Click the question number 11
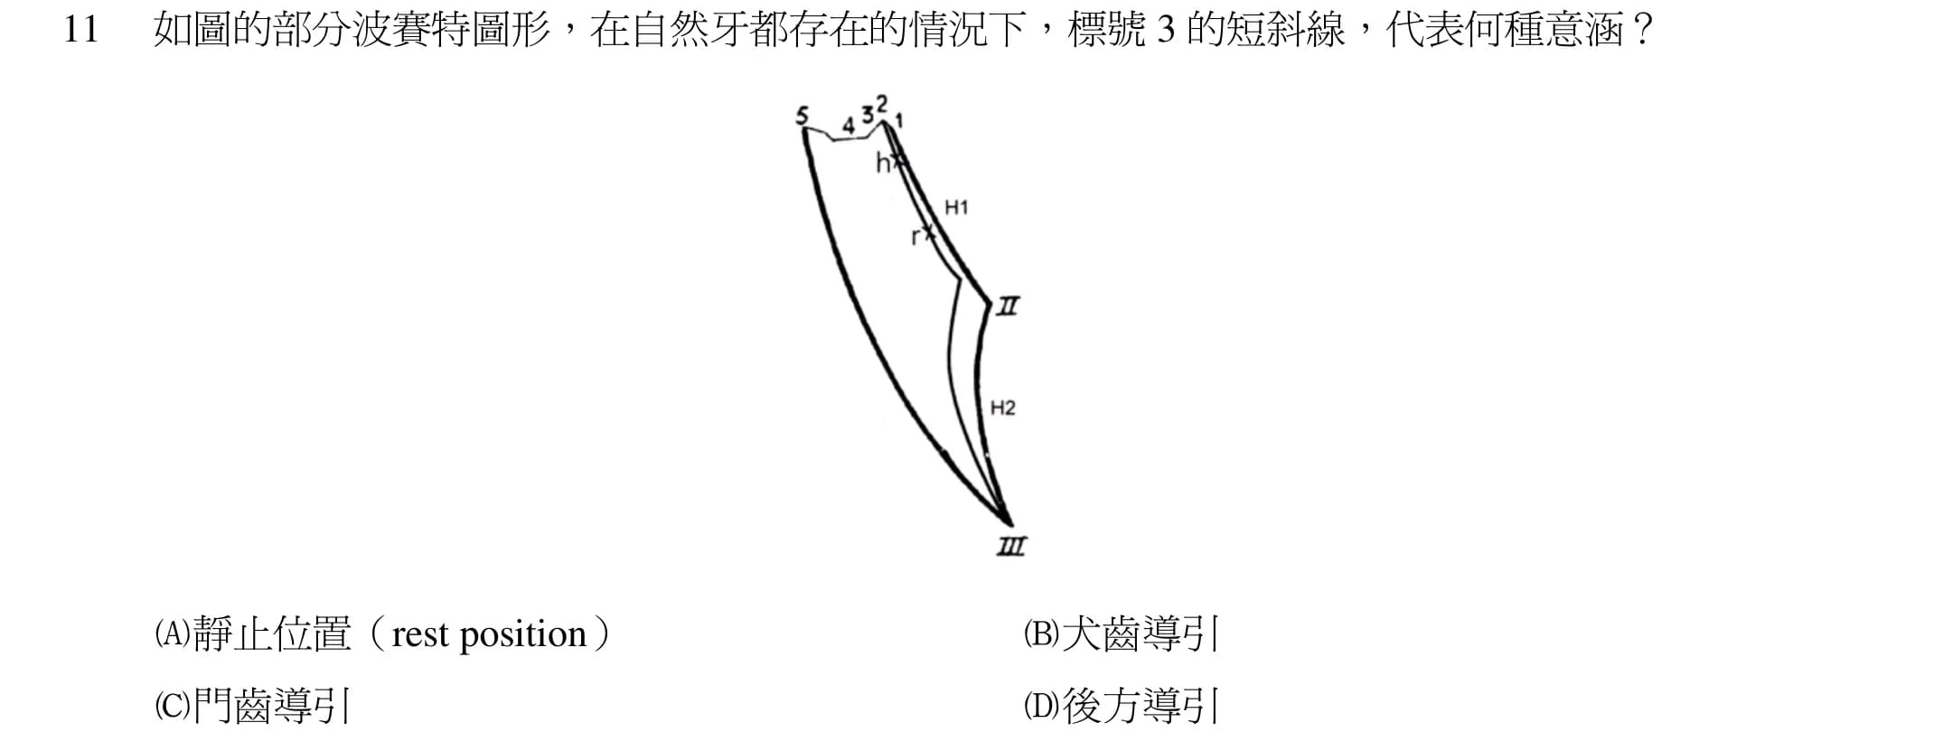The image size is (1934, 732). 80,31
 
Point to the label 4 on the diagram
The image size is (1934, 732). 848,126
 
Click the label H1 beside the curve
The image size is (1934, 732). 956,208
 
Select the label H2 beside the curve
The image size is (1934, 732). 1003,408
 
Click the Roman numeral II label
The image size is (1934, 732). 1008,307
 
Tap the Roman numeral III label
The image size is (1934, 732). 1011,546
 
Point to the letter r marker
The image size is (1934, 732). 915,238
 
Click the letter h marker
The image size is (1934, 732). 882,163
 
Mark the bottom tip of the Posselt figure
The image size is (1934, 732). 1009,523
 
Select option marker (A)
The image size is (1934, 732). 172,633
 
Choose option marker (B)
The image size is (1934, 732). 1041,633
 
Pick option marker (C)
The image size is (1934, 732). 172,705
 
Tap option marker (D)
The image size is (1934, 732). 1041,705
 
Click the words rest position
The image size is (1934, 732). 490,635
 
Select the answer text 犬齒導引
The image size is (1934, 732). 1141,633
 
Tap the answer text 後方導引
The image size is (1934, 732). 1141,705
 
